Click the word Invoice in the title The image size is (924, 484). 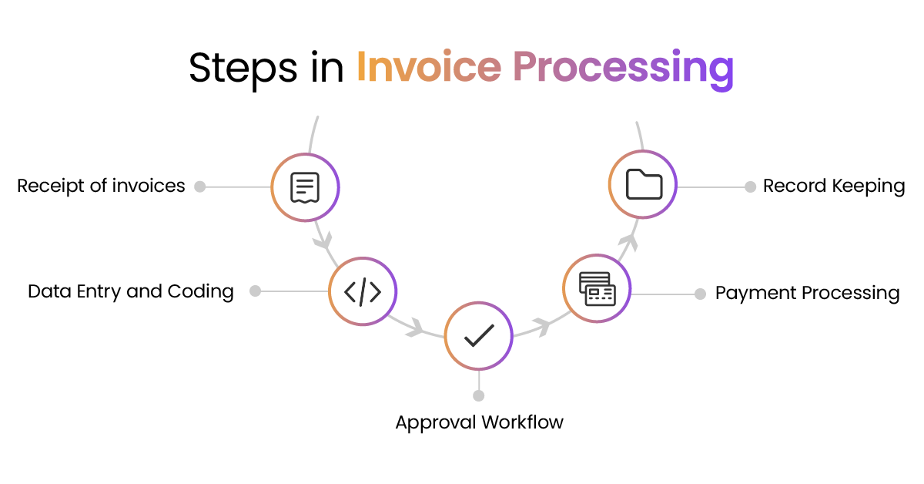click(428, 68)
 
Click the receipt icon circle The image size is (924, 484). click(305, 187)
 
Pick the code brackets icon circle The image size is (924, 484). click(363, 292)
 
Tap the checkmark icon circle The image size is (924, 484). click(479, 335)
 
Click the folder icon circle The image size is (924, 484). click(643, 185)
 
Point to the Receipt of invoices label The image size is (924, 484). click(101, 186)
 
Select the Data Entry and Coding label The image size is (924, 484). click(131, 291)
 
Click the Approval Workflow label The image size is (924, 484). click(479, 422)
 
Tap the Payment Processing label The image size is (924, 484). click(807, 293)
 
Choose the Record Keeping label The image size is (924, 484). click(834, 186)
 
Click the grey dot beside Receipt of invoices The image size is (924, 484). click(199, 187)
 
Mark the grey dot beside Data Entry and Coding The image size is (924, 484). click(256, 291)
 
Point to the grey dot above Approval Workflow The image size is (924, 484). click(479, 395)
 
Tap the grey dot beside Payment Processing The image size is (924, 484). click(700, 294)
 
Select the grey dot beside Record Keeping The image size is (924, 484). click(750, 187)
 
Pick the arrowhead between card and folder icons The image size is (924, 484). click(629, 243)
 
